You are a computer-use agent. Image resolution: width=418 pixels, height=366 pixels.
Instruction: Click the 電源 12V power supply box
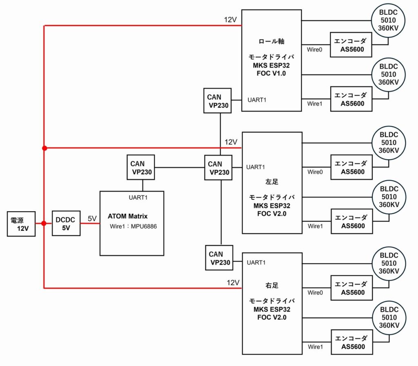pyautogui.click(x=21, y=224)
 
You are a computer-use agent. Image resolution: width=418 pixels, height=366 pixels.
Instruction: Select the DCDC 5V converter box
pyautogui.click(x=66, y=224)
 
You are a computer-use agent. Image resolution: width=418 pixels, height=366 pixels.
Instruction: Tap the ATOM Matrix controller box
pyautogui.click(x=131, y=223)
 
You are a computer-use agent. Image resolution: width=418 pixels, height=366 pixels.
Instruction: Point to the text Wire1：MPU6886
pyautogui.click(x=133, y=226)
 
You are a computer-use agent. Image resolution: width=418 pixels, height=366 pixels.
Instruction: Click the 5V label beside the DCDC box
pyautogui.click(x=92, y=219)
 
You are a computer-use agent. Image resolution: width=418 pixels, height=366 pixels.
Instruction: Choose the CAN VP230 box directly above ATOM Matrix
pyautogui.click(x=141, y=167)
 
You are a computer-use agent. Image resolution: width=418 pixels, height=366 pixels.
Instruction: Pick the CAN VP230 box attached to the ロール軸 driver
pyautogui.click(x=217, y=101)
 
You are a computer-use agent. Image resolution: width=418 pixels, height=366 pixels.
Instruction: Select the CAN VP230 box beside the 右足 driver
pyautogui.click(x=219, y=258)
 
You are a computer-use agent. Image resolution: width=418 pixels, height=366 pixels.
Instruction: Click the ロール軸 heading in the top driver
pyautogui.click(x=271, y=41)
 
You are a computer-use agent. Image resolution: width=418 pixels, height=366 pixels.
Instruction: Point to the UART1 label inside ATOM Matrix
pyautogui.click(x=138, y=198)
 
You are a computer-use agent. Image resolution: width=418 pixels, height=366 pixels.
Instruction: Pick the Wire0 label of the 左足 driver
pyautogui.click(x=315, y=172)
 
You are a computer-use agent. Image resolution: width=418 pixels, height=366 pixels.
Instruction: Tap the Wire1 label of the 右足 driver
pyautogui.click(x=315, y=347)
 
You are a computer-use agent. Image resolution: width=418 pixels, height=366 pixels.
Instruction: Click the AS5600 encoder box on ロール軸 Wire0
pyautogui.click(x=351, y=45)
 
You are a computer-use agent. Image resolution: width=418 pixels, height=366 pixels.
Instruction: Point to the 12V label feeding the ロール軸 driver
pyautogui.click(x=231, y=20)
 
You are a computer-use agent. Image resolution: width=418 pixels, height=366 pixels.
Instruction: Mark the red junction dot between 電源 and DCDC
pyautogui.click(x=44, y=223)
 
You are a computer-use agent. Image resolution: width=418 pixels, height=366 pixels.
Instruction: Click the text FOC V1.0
pyautogui.click(x=271, y=74)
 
